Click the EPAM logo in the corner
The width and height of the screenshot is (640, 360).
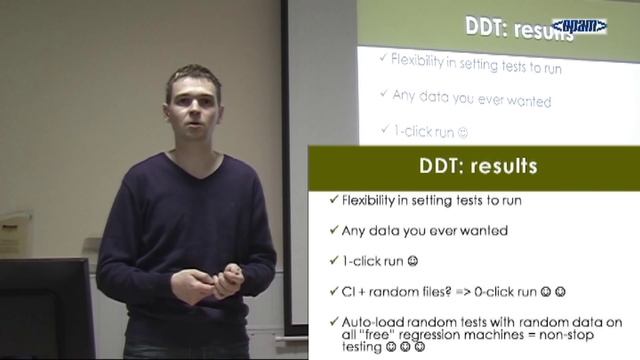tap(579, 26)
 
